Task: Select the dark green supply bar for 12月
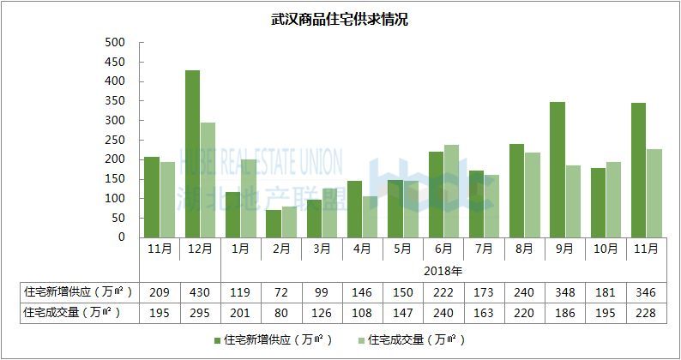pos(193,153)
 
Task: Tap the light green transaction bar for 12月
pos(208,180)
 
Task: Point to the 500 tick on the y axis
pos(115,42)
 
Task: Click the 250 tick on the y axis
pos(115,140)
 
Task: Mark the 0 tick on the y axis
pos(121,237)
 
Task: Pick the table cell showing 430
pos(200,291)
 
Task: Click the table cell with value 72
pos(281,291)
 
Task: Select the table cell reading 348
pos(564,291)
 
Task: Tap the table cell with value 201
pos(241,313)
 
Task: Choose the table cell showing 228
pos(646,313)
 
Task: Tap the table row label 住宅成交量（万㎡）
pos(71,313)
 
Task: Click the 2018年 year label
pos(443,270)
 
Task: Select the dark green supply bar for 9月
pos(557,170)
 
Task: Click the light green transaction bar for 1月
pos(249,198)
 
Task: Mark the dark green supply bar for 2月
pos(274,224)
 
